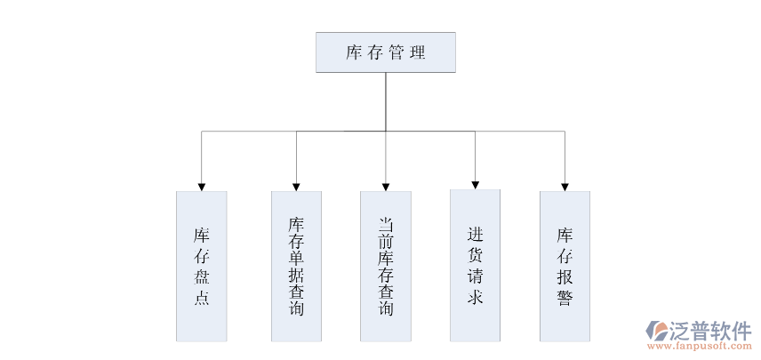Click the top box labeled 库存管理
[386, 52]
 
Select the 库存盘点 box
[202, 266]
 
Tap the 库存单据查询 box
[296, 266]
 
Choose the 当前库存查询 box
[386, 266]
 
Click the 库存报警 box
[565, 266]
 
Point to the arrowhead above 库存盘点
[202, 187]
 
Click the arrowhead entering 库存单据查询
[296, 187]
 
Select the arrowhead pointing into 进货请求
[475, 185]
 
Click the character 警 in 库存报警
[565, 298]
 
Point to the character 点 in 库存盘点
[202, 298]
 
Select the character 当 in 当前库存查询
[386, 223]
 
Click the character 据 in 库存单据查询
[296, 275]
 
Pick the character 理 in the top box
[417, 52]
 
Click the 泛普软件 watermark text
[712, 330]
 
